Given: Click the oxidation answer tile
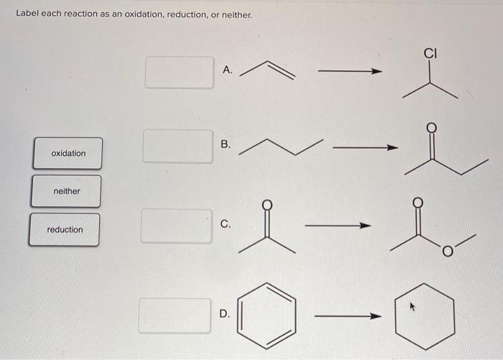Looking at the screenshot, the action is pyautogui.click(x=68, y=153).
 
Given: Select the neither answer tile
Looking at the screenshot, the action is pyautogui.click(x=66, y=191).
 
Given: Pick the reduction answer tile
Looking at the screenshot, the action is pyautogui.click(x=65, y=229).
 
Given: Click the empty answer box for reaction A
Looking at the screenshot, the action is pyautogui.click(x=180, y=73).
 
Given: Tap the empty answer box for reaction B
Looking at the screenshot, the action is pyautogui.click(x=177, y=146).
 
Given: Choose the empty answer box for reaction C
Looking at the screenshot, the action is pyautogui.click(x=177, y=226).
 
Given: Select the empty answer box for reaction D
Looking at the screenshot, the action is pyautogui.click(x=175, y=315).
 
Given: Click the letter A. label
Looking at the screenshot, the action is pyautogui.click(x=228, y=70).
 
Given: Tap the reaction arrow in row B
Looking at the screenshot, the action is pyautogui.click(x=366, y=148).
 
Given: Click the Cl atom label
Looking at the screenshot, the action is pyautogui.click(x=430, y=52).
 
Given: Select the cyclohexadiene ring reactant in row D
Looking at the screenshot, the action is pyautogui.click(x=267, y=316).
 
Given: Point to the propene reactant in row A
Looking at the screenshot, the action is pyautogui.click(x=267, y=68).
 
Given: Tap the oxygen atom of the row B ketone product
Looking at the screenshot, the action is pyautogui.click(x=432, y=129).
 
